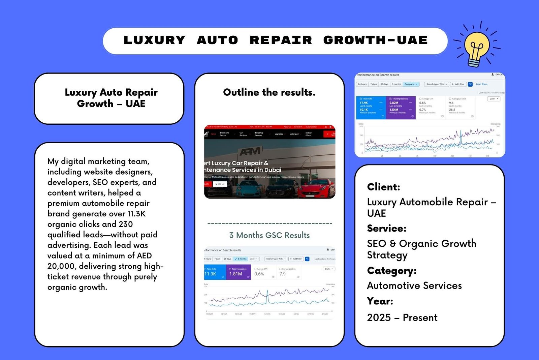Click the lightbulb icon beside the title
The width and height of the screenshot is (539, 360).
[476, 47]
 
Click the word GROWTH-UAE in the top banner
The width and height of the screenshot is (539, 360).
[375, 40]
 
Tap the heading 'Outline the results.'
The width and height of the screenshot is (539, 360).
[269, 92]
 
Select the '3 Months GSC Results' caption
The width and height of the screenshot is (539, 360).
[269, 235]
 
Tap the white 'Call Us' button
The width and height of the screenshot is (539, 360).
[220, 184]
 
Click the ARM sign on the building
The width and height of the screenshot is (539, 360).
[250, 151]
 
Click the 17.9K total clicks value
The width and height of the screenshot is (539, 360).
[364, 103]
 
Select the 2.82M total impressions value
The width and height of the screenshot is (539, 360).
[394, 103]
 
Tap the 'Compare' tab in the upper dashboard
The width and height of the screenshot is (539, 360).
[411, 84]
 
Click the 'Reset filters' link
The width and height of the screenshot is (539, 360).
[481, 84]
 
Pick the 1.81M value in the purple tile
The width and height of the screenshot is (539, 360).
[236, 274]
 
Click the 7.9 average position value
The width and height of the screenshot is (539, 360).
[282, 274]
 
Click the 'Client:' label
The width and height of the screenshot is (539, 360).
[383, 187]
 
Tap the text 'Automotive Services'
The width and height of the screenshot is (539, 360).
[414, 286]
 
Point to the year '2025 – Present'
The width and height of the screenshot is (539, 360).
[402, 318]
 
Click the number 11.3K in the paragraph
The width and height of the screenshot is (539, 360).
[136, 214]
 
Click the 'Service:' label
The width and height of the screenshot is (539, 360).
[386, 229]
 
